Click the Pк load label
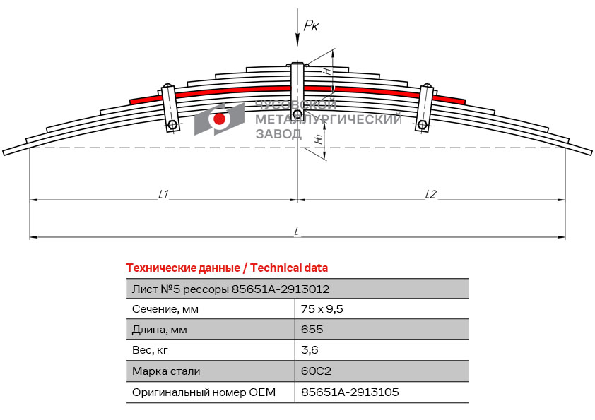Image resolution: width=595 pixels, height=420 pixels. click(311, 25)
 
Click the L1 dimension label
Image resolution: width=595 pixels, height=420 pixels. click(163, 194)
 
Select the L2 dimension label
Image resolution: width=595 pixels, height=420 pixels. click(430, 194)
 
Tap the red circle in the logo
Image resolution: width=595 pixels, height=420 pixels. click(219, 119)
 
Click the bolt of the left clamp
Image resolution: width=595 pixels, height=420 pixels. click(172, 125)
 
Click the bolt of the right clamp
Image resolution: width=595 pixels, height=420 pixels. click(422, 125)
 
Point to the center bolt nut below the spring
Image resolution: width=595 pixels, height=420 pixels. click(298, 114)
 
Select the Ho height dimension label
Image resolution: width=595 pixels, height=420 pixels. click(320, 139)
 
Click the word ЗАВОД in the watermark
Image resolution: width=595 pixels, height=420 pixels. click(278, 133)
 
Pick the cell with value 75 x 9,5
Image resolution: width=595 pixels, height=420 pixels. click(322, 309)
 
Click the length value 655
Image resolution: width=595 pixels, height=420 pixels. click(312, 329)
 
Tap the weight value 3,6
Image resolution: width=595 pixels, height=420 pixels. click(310, 349)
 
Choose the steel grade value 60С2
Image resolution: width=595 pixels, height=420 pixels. click(316, 371)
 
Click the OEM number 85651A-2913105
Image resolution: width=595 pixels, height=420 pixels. click(350, 392)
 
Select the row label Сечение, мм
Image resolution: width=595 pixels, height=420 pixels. click(165, 309)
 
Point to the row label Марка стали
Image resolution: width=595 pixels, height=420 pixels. click(166, 371)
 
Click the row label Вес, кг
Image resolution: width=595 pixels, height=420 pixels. click(150, 350)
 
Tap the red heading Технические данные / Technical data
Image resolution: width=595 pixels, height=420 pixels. click(227, 268)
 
